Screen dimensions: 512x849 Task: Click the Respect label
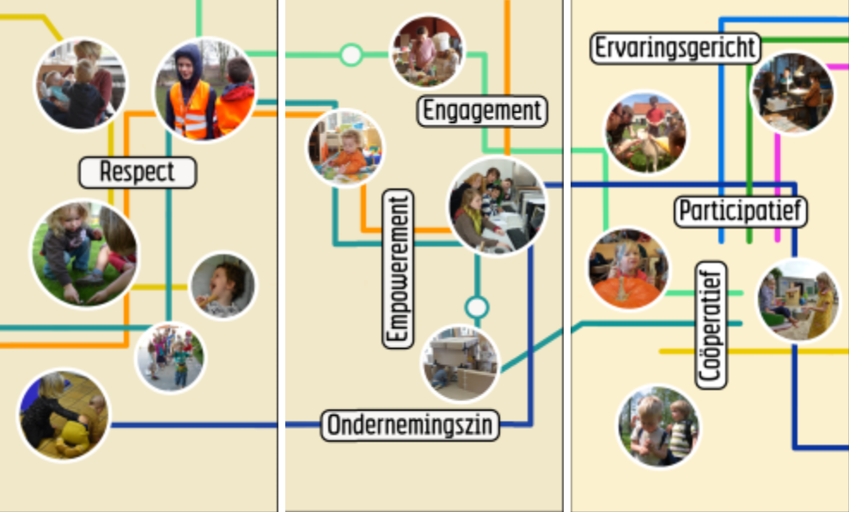(x=137, y=172)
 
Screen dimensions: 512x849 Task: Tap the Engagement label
(x=483, y=111)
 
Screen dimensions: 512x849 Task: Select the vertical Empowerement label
(x=397, y=269)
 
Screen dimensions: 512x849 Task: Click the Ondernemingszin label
(x=410, y=425)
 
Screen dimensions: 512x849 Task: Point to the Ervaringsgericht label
(x=675, y=48)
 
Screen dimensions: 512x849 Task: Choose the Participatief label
(x=741, y=210)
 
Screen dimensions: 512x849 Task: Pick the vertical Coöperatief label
(x=711, y=325)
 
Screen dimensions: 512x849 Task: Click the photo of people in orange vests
(x=205, y=88)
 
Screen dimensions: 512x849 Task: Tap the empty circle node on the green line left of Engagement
(x=351, y=55)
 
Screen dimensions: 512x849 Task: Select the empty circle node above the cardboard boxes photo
(x=476, y=307)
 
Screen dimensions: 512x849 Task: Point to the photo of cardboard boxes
(x=460, y=363)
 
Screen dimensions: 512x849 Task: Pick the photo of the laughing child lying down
(x=223, y=285)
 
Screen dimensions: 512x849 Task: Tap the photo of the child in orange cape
(x=628, y=268)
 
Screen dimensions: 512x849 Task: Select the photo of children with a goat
(x=645, y=133)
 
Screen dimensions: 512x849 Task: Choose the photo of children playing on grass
(x=83, y=253)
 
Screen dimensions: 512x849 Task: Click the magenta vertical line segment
(x=778, y=163)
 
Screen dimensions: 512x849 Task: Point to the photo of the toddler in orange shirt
(x=345, y=148)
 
